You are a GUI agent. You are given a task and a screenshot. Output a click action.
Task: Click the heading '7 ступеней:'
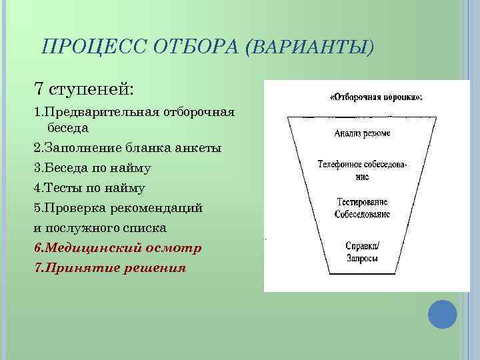tap(83, 88)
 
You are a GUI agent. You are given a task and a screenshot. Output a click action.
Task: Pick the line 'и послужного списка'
tap(100, 227)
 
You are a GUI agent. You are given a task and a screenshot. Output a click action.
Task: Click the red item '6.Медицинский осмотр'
tap(117, 247)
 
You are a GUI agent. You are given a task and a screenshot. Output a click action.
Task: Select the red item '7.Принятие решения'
tap(110, 267)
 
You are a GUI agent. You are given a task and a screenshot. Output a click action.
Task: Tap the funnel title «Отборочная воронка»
tap(376, 97)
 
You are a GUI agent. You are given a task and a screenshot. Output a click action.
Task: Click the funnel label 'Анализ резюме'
tap(363, 133)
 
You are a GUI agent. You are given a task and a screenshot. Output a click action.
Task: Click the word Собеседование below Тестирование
tap(363, 214)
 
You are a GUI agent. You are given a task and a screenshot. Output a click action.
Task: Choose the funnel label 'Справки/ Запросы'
tap(363, 251)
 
